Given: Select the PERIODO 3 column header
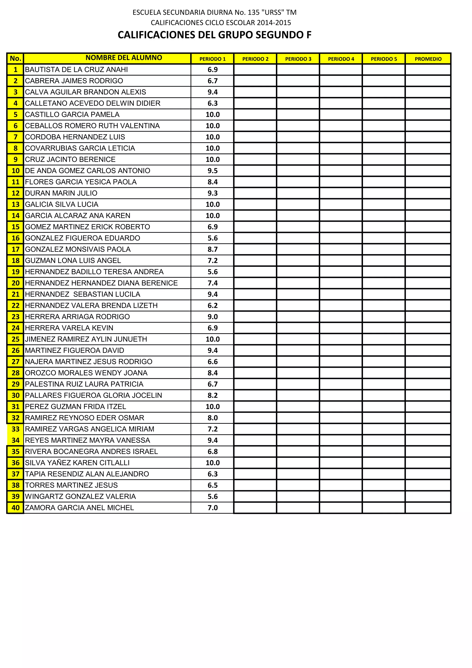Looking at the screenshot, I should pos(298,59).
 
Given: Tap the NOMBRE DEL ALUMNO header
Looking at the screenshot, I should pos(124,58).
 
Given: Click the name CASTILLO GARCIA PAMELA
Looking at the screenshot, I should pos(72,115).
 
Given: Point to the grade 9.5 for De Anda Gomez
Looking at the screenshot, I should pos(212,171).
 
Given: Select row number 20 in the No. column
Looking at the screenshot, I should pos(15,283).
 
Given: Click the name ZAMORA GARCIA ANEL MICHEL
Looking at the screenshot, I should pos(80,508).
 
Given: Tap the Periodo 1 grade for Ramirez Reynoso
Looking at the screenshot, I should pos(212,418).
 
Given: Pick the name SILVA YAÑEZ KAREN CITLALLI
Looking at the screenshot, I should pos(77,463).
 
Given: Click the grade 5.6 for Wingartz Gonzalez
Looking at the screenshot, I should pos(212,497).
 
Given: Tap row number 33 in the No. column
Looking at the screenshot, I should pos(15,429).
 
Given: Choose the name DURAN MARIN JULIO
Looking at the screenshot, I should pos(61,193).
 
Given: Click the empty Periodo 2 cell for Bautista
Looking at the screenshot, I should pos(255,70).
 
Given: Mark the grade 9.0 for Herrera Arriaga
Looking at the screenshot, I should pos(212,317).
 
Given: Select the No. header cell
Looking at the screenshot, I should pos(15,59).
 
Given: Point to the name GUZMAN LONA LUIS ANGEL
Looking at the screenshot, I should pos(73,261).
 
